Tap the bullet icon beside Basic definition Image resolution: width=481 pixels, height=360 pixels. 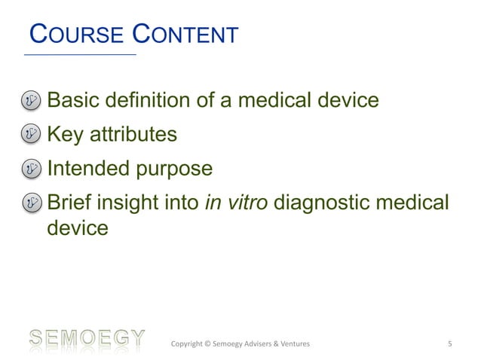point(32,100)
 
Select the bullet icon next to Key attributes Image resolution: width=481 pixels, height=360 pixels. point(32,135)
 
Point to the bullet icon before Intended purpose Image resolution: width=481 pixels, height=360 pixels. point(32,169)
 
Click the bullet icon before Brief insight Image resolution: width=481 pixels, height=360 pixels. point(32,203)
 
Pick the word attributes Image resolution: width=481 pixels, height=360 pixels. point(134,136)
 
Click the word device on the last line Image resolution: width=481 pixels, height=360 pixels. point(78,227)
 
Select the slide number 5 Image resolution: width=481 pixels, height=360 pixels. point(449,345)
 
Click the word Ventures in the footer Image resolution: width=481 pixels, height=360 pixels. point(290,345)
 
